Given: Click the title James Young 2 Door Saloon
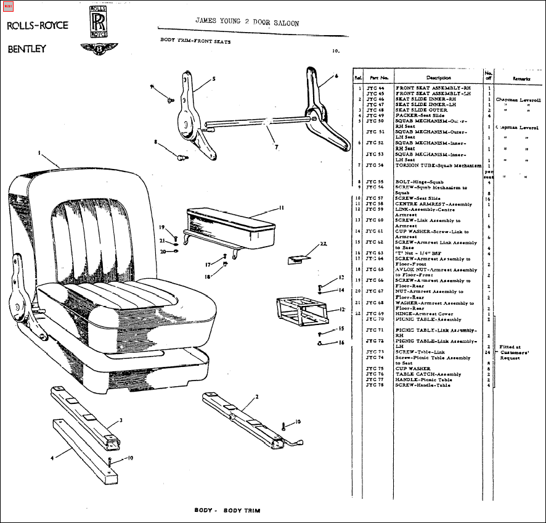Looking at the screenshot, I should click(x=247, y=22).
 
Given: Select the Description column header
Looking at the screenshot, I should click(x=438, y=78).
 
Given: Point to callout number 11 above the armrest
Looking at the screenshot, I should click(x=281, y=207).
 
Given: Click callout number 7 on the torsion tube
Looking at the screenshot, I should click(x=276, y=147).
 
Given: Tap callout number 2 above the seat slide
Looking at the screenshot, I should click(x=256, y=396).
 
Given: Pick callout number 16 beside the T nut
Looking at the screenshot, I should click(x=341, y=342).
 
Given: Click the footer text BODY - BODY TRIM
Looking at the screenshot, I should click(x=227, y=511).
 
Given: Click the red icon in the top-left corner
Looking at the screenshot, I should click(x=8, y=7).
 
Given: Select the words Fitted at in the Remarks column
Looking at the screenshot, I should click(x=510, y=347).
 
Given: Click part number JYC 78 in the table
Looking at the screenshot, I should click(x=375, y=385).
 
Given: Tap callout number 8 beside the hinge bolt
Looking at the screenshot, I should click(x=157, y=142).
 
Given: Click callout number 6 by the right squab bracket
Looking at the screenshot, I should click(x=337, y=76).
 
